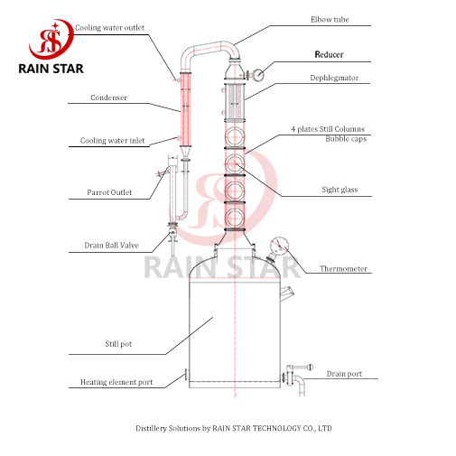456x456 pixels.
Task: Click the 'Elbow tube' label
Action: click(x=330, y=20)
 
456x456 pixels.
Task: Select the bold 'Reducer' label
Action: click(x=329, y=54)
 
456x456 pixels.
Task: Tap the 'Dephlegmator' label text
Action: click(x=334, y=78)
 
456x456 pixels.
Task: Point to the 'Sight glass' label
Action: click(x=340, y=190)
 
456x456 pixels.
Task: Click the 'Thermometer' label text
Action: click(x=343, y=269)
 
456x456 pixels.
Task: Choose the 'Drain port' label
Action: click(x=344, y=374)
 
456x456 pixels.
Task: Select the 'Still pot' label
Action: click(x=118, y=344)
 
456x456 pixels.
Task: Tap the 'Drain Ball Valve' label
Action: click(x=111, y=246)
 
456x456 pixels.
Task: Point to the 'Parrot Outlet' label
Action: click(x=109, y=192)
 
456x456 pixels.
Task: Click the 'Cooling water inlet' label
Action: click(x=112, y=141)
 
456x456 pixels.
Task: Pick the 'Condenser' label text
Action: click(x=108, y=98)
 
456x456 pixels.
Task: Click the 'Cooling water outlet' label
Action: click(x=109, y=28)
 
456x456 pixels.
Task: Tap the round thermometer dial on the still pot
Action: click(x=279, y=247)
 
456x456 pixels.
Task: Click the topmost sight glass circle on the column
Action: click(x=235, y=136)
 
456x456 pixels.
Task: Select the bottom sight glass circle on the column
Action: click(x=235, y=218)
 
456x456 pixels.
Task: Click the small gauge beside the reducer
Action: click(x=258, y=75)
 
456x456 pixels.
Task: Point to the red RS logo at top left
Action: click(x=51, y=39)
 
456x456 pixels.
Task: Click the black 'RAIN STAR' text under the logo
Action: click(x=51, y=69)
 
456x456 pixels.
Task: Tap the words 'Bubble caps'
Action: click(x=346, y=139)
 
